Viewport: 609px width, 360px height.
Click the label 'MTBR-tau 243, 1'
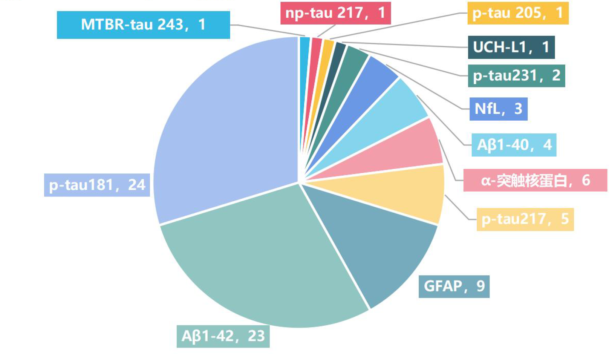(143, 25)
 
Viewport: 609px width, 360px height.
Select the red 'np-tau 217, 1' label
(335, 13)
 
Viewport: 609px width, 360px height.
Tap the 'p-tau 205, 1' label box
(518, 13)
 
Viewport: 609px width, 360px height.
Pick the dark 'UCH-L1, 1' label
(511, 47)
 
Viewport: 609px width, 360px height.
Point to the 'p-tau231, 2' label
(516, 76)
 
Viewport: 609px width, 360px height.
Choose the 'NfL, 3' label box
(498, 109)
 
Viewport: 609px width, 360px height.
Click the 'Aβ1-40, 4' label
(514, 145)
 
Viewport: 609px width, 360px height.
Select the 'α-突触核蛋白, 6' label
(535, 181)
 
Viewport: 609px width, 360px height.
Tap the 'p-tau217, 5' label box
(525, 219)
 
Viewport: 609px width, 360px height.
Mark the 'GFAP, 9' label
(454, 286)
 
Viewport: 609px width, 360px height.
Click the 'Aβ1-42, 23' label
(223, 336)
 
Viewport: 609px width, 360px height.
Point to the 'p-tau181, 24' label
(97, 185)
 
